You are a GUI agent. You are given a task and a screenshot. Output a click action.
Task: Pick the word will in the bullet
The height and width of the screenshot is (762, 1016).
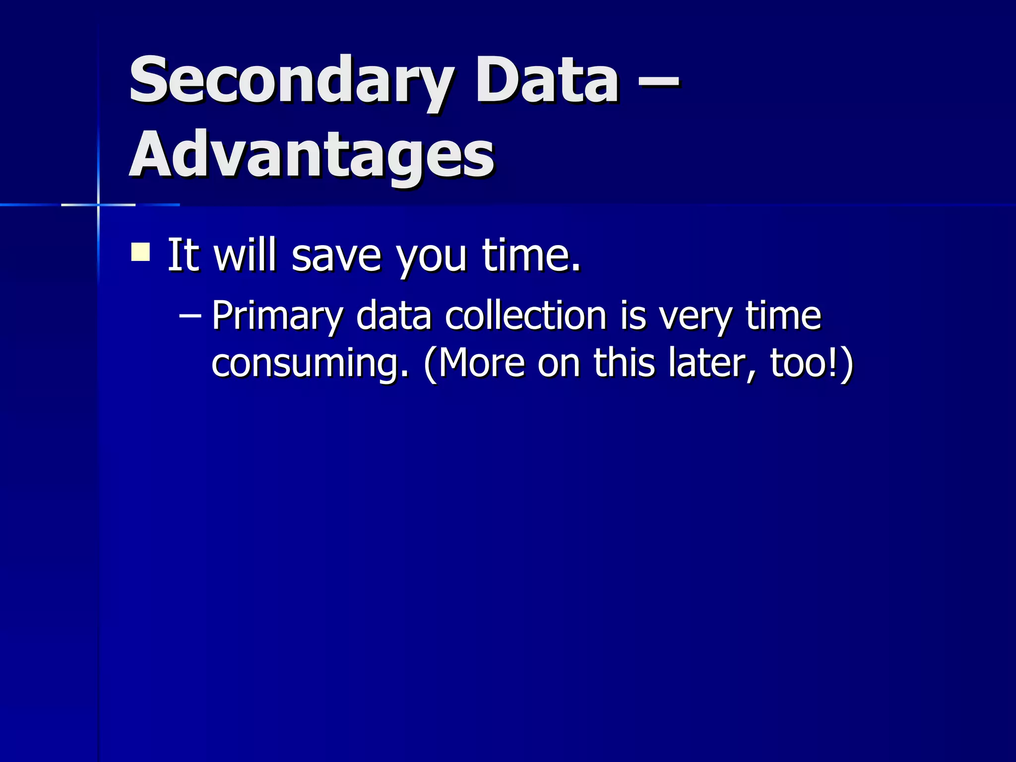point(245,255)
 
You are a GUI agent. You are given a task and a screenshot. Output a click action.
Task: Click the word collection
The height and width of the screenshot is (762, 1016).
point(526,316)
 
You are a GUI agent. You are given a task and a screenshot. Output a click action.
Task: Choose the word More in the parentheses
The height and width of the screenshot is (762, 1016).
point(481,363)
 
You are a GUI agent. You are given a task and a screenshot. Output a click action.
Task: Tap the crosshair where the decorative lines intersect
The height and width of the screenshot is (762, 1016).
point(98,204)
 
